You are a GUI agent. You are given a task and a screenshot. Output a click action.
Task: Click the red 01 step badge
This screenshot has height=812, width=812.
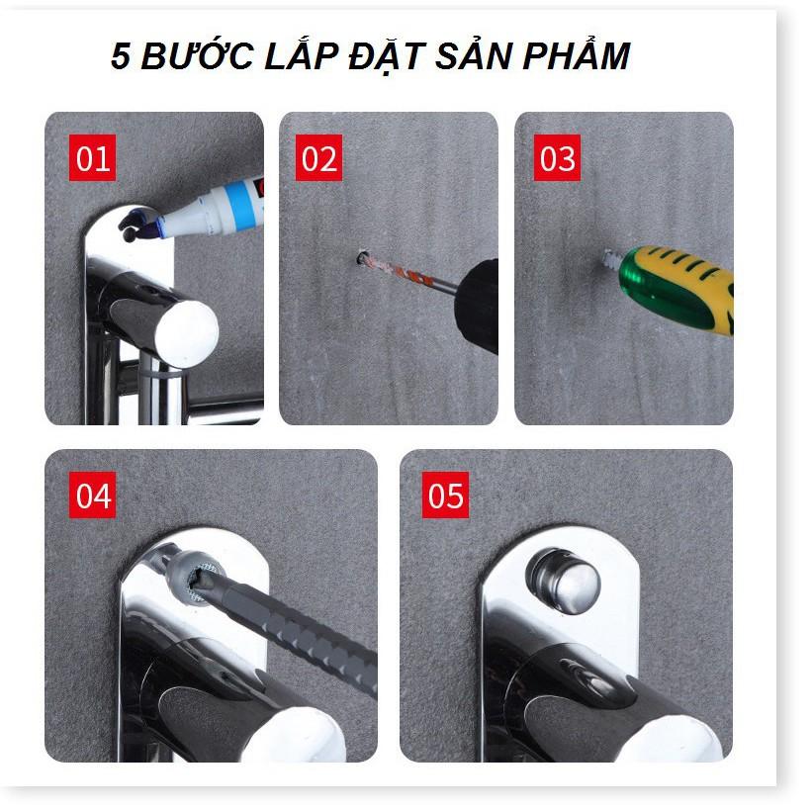[x=92, y=157]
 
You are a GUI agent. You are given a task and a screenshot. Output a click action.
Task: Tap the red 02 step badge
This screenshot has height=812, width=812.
[x=318, y=157]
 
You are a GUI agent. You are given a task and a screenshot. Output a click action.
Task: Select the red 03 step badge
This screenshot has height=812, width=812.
[x=557, y=157]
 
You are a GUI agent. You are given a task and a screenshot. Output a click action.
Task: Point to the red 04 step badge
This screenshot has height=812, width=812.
[x=92, y=495]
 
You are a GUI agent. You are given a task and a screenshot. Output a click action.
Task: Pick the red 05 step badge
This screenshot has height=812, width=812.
[x=445, y=495]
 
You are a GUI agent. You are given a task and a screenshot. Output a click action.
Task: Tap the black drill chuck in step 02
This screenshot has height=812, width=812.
[x=477, y=307]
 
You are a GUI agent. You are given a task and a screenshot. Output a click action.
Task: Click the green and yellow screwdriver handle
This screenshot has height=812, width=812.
[x=677, y=290]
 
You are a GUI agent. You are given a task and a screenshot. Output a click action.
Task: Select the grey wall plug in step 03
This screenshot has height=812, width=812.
[x=611, y=260]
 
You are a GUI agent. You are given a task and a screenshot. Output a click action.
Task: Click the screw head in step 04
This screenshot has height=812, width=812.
[x=201, y=580]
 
